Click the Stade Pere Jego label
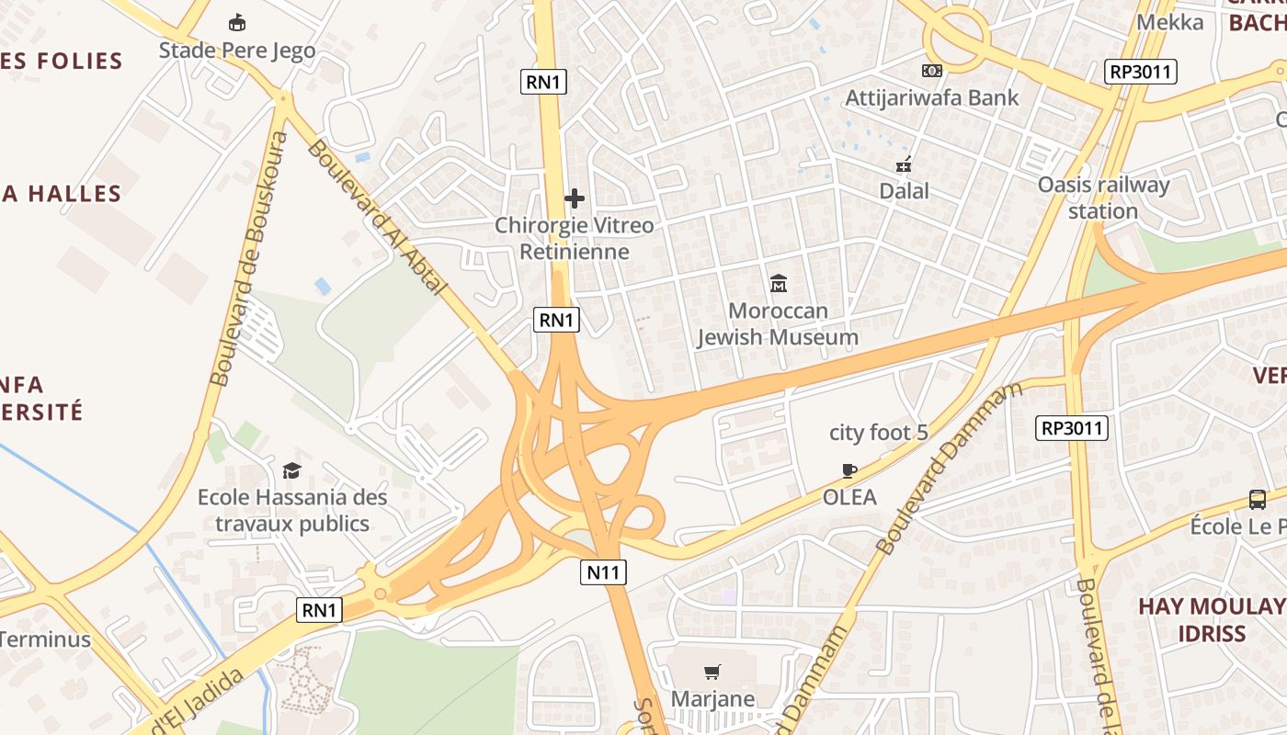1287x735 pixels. (237, 50)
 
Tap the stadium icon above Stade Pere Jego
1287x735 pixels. (237, 22)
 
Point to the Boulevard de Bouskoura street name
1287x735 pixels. (249, 259)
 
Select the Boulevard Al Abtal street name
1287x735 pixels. (378, 217)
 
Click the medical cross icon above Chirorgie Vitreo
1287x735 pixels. (575, 198)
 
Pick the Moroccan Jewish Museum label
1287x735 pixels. (778, 323)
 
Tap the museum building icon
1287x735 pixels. (779, 283)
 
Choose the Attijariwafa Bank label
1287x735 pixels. (931, 97)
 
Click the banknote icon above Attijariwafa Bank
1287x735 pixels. (931, 71)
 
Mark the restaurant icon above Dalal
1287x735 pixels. (904, 164)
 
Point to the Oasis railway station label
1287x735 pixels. (1103, 198)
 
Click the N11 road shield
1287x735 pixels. (604, 572)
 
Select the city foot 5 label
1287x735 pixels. (879, 432)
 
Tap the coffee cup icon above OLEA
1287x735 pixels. (849, 471)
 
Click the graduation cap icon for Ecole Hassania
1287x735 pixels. (291, 470)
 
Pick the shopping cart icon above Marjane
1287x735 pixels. (712, 672)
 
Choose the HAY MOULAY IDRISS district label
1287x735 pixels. (1212, 619)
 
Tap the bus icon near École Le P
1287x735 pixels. (1258, 500)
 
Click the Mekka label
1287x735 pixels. (1170, 22)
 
